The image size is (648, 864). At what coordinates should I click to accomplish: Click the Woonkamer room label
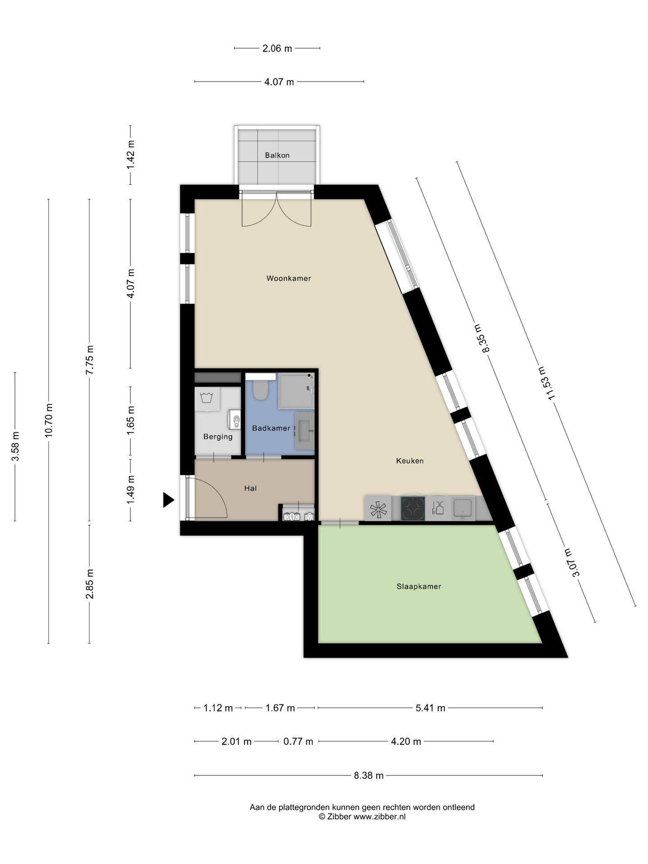(x=288, y=278)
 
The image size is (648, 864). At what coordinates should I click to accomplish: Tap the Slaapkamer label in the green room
(x=418, y=586)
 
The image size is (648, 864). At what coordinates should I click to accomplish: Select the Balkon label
(x=277, y=155)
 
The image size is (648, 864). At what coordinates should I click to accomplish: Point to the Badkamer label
(x=271, y=428)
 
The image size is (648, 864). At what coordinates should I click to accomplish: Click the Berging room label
(x=218, y=436)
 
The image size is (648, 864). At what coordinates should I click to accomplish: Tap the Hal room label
(x=250, y=488)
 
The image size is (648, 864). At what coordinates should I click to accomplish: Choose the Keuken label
(x=409, y=461)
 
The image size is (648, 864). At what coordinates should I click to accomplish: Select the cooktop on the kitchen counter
(x=413, y=508)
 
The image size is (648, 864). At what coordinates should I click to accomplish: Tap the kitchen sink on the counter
(x=463, y=508)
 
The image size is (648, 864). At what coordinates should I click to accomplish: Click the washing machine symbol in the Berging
(x=207, y=399)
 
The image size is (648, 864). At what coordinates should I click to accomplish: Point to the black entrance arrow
(x=168, y=500)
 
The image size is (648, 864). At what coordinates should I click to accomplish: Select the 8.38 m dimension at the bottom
(x=369, y=775)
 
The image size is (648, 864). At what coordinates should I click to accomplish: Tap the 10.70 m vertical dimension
(x=49, y=420)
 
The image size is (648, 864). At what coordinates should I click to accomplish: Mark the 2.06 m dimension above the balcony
(x=277, y=48)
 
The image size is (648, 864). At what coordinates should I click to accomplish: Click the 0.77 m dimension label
(x=298, y=742)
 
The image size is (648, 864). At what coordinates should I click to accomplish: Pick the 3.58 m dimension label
(x=15, y=446)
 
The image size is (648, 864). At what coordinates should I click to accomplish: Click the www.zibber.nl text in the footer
(x=379, y=817)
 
